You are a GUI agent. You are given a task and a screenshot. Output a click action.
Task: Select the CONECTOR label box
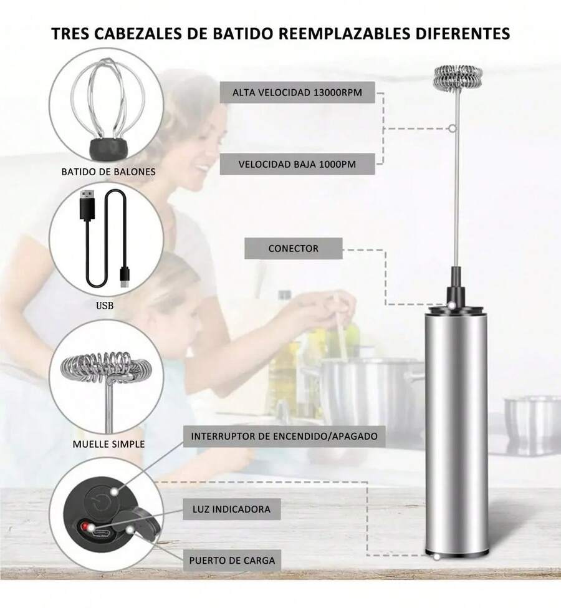point(293,248)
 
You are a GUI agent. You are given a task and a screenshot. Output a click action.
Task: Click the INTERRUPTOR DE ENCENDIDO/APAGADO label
point(284,436)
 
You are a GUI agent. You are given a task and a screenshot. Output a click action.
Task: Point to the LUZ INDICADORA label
point(231,509)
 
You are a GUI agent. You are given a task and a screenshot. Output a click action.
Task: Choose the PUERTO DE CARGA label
point(232,560)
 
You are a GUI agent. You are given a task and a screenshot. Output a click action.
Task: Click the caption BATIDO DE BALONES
point(108,171)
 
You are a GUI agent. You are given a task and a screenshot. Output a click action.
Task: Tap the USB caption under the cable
point(106,306)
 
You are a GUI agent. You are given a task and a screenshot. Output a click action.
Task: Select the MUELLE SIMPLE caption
point(108,444)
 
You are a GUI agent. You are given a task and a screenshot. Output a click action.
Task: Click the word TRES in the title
point(70,33)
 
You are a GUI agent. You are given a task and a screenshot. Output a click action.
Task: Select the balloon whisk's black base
point(108,148)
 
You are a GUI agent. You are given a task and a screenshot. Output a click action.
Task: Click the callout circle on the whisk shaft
point(452,129)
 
